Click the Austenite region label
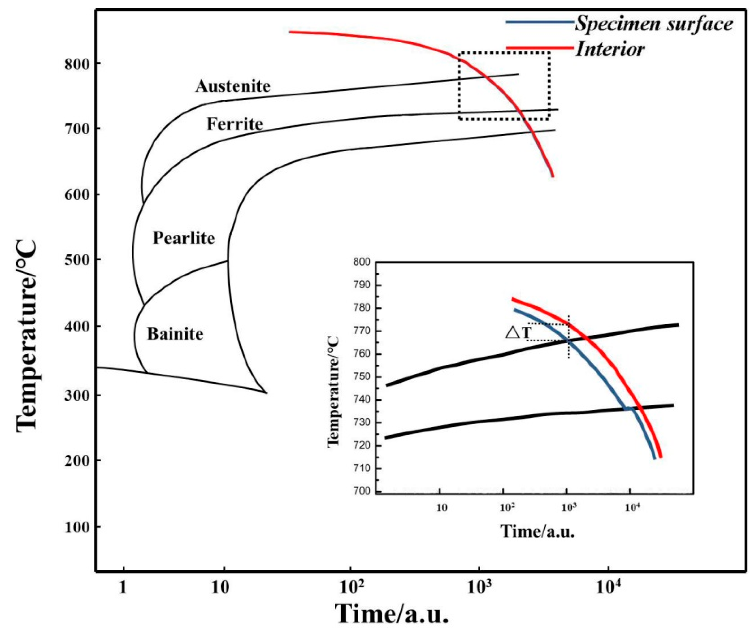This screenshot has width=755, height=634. [x=233, y=86]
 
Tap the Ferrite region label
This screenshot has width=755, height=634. [x=235, y=124]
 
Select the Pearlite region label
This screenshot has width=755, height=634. [x=184, y=238]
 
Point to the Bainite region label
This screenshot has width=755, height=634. [x=175, y=334]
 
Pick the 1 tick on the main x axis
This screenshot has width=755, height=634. [x=123, y=587]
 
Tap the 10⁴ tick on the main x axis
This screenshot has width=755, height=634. [x=609, y=587]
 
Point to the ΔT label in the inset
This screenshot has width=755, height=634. [x=518, y=332]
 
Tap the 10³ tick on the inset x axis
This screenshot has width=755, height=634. [x=568, y=507]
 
